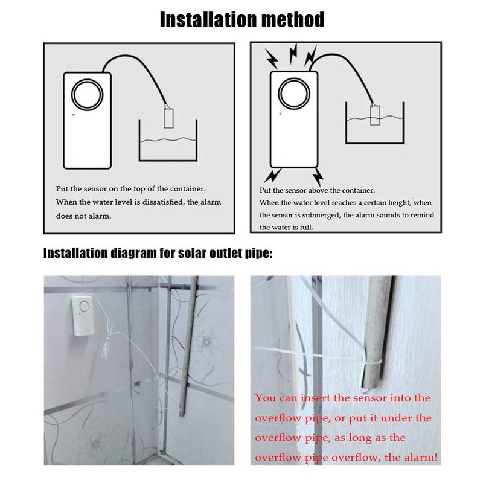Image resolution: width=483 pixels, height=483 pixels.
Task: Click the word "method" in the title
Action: click(x=292, y=20)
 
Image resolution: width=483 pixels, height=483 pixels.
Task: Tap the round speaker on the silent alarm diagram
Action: click(x=87, y=94)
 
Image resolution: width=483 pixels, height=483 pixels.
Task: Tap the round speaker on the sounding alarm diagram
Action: click(x=294, y=93)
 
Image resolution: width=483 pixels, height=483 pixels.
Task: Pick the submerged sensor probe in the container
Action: click(x=375, y=114)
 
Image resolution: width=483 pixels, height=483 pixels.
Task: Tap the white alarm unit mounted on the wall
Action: click(x=83, y=316)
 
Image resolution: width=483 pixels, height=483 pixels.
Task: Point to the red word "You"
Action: click(x=266, y=398)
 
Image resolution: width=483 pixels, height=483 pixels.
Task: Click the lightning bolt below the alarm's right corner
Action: click(x=318, y=177)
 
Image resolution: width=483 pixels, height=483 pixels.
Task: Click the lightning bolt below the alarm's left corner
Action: click(x=273, y=175)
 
